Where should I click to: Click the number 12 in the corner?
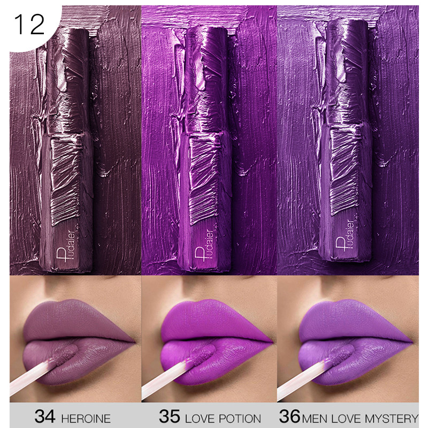coord(29,25)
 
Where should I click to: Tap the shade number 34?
coord(45,416)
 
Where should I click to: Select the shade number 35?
coord(170,416)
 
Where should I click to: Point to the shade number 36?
coord(289,416)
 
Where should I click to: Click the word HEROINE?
coord(86,418)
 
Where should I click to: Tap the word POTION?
coord(240,418)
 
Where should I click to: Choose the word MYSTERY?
coord(392,418)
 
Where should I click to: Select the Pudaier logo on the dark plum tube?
coord(65,246)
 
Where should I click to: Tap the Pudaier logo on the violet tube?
coord(345,235)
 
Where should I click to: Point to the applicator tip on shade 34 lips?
coord(65,355)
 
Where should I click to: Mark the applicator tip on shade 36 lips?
coord(342,355)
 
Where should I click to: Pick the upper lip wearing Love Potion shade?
coord(216,320)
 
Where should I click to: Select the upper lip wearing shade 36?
coord(354,320)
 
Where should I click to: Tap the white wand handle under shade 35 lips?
coord(166,379)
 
